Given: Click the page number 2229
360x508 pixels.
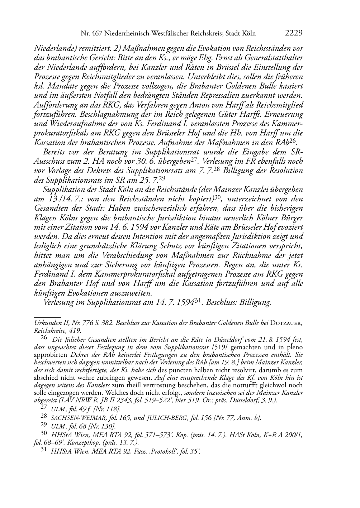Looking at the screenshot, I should (x=294, y=34).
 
